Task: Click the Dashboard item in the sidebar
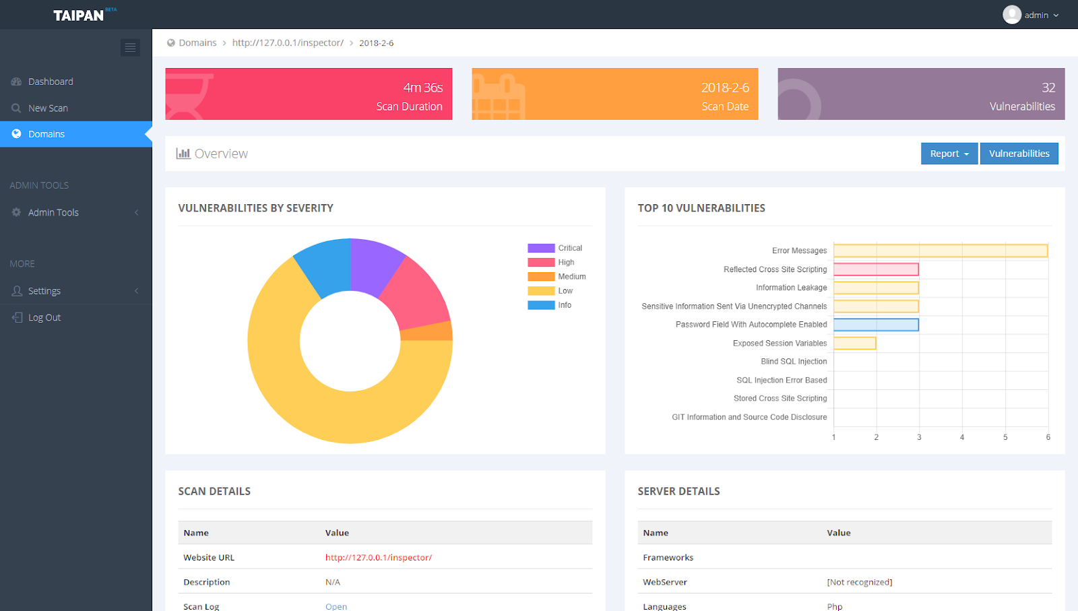pyautogui.click(x=51, y=82)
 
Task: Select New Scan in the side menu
pyautogui.click(x=48, y=108)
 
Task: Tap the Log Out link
pyautogui.click(x=44, y=317)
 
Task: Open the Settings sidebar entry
pyautogui.click(x=44, y=291)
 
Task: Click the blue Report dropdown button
pyautogui.click(x=949, y=154)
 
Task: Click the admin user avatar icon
pyautogui.click(x=1011, y=15)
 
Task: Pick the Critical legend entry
pyautogui.click(x=570, y=248)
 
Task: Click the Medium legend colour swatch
pyautogui.click(x=541, y=277)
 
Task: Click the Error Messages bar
pyautogui.click(x=941, y=251)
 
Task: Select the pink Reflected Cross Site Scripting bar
pyautogui.click(x=876, y=269)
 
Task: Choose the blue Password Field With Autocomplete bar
pyautogui.click(x=876, y=325)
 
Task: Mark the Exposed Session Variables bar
pyautogui.click(x=854, y=344)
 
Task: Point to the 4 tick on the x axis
pyautogui.click(x=962, y=437)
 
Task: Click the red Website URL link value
pyautogui.click(x=378, y=558)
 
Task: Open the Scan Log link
pyautogui.click(x=336, y=606)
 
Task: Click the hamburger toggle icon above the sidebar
pyautogui.click(x=130, y=47)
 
